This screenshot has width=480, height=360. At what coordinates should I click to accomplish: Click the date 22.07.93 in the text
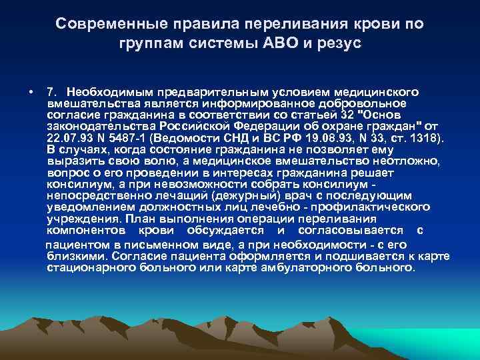(69, 138)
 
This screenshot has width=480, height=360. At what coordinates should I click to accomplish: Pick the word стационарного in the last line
(90, 268)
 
